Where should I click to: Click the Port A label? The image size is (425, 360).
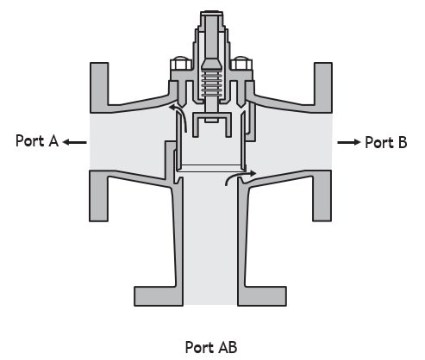[37, 140]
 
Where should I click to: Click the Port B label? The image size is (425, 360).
[386, 142]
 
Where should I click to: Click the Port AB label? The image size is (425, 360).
[211, 347]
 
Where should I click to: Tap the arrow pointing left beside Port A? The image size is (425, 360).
[75, 142]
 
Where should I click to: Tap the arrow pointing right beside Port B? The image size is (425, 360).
[349, 142]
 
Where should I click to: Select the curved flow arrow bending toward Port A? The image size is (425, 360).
[183, 115]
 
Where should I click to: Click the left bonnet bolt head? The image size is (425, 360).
[181, 63]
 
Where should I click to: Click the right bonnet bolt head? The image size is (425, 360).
[241, 63]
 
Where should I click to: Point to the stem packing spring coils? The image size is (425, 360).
[211, 84]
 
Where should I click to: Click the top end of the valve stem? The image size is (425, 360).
[211, 13]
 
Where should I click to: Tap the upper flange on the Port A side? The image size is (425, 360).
[99, 87]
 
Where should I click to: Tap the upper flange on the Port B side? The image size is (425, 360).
[323, 87]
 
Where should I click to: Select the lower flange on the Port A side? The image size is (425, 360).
[99, 196]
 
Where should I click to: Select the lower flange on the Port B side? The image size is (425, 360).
[322, 196]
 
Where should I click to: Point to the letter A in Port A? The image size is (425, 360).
[53, 140]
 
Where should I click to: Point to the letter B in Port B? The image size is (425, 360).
[403, 142]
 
